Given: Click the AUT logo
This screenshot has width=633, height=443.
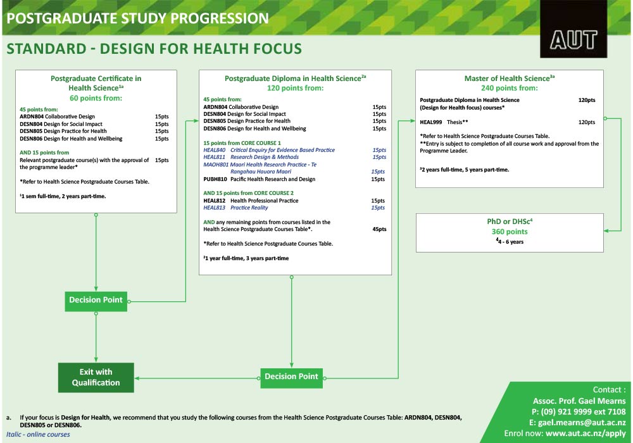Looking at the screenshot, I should [573, 39].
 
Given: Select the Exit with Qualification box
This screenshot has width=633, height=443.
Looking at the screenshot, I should [96, 377].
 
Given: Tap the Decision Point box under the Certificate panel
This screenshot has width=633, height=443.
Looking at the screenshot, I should [96, 300].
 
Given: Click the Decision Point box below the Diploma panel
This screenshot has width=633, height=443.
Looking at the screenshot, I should [291, 377].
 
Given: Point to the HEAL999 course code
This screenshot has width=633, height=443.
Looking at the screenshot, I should [430, 122].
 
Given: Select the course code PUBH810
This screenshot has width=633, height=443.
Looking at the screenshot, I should [215, 179].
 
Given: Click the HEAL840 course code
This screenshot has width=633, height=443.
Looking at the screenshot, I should [214, 150].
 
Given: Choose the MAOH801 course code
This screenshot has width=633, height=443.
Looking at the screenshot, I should [216, 165].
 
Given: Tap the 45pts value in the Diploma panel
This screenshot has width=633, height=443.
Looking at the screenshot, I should [379, 229].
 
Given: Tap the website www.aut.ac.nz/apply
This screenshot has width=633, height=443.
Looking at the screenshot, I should [586, 434].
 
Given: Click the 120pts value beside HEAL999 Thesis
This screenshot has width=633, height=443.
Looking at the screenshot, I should [586, 122].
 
